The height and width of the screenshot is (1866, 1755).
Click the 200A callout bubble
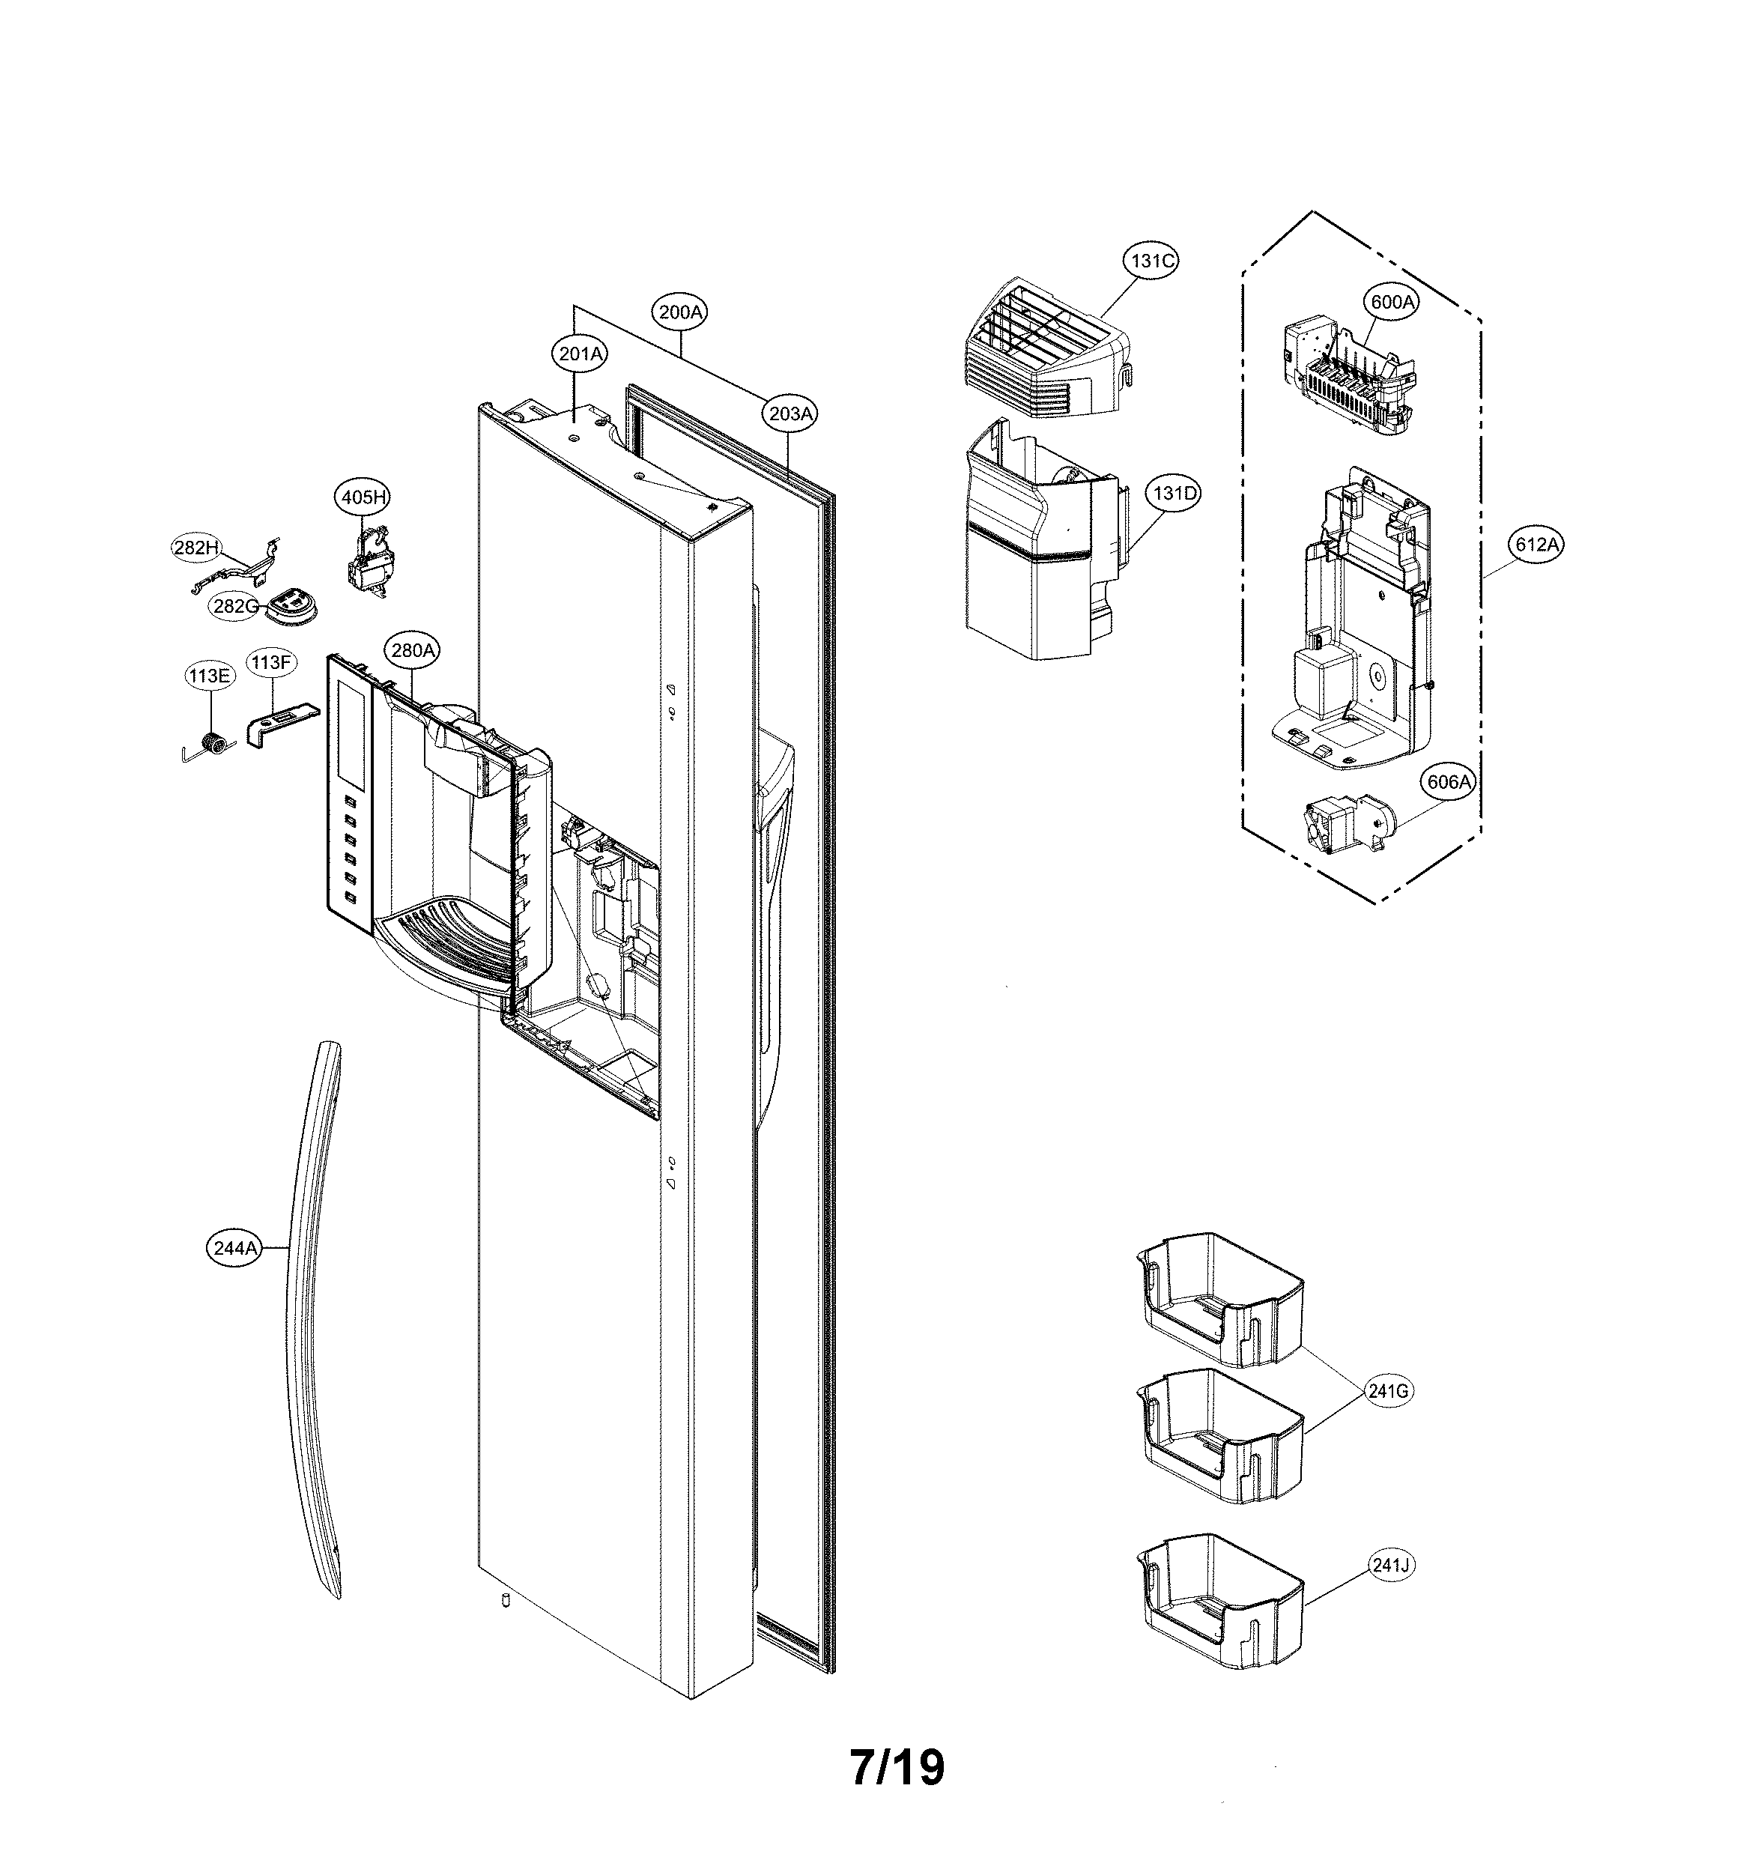pos(680,312)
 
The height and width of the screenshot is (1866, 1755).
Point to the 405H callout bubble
pos(363,497)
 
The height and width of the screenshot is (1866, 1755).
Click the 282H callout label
pos(196,548)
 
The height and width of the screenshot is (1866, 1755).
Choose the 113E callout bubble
pos(207,676)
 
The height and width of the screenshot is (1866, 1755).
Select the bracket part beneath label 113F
pos(279,721)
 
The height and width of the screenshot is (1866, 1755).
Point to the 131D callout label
pos(1173,493)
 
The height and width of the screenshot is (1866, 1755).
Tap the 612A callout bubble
pos(1536,545)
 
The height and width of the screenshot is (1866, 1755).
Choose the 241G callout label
pos(1388,1391)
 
